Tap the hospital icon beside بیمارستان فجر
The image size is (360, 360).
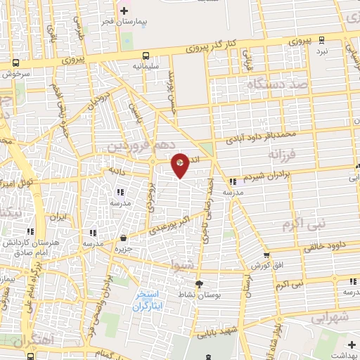pos(124,11)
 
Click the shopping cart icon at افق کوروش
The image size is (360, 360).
pos(266,255)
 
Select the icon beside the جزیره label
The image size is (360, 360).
pos(124,238)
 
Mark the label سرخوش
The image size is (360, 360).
pos(15,73)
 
